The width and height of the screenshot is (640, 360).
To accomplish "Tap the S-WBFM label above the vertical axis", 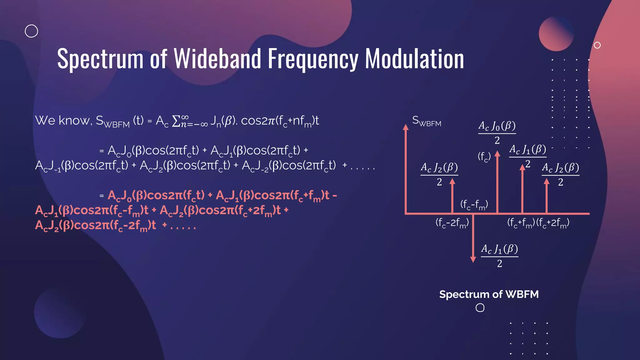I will click(427, 121).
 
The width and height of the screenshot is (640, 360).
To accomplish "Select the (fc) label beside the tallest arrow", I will click(484, 157).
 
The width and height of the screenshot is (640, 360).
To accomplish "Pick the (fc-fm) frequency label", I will click(474, 205).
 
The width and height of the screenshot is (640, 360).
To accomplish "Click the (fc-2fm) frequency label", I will click(452, 223).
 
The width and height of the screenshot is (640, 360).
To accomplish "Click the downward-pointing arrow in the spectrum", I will click(473, 259).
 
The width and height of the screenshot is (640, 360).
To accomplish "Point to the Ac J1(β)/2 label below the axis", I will click(499, 256).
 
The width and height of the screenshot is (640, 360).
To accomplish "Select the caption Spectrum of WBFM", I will click(489, 294).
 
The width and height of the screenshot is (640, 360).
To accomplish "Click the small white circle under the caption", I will click(480, 308).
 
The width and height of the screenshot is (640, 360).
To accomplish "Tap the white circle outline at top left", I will click(31, 31).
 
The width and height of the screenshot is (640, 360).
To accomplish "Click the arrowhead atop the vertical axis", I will click(406, 127).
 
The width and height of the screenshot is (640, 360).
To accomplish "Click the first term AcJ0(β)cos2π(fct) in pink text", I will click(156, 196).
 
